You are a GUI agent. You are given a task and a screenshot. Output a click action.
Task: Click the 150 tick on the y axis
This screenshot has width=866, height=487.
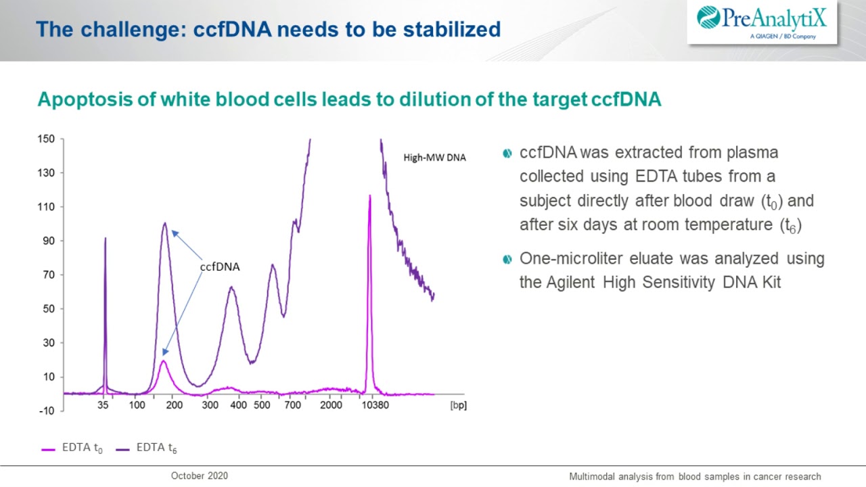tap(45, 139)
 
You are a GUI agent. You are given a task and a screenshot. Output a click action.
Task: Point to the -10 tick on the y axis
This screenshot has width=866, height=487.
tap(45, 411)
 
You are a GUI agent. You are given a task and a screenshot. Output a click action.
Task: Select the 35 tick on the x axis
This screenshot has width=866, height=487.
tap(103, 405)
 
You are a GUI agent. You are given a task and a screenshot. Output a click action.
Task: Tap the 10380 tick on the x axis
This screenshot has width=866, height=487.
tap(375, 405)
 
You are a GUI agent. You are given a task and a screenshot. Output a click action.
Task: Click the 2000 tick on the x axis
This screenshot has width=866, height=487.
tap(331, 405)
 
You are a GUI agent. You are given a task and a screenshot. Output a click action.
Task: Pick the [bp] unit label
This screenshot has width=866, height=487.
tap(458, 405)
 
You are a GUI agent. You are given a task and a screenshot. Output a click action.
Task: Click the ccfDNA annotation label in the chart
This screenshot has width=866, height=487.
tap(220, 266)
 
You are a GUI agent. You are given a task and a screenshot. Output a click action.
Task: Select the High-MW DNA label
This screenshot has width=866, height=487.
tap(434, 158)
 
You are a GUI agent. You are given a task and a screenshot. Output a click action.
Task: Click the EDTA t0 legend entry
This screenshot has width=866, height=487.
tap(73, 448)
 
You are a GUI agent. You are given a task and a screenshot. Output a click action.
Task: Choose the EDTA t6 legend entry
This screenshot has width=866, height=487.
tap(147, 448)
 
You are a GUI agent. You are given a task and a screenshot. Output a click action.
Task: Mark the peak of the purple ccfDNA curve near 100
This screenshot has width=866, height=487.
tap(164, 223)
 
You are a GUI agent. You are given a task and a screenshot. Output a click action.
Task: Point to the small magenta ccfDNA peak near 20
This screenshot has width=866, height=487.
tap(163, 361)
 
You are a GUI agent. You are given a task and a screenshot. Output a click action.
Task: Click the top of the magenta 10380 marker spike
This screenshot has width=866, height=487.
tap(369, 196)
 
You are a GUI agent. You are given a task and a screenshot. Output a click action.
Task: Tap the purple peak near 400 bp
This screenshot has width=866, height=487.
tap(231, 287)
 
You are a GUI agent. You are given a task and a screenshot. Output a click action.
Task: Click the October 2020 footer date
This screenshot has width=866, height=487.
tap(200, 476)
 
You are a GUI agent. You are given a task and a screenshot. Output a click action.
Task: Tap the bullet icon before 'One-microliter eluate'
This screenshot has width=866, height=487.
tap(507, 260)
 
